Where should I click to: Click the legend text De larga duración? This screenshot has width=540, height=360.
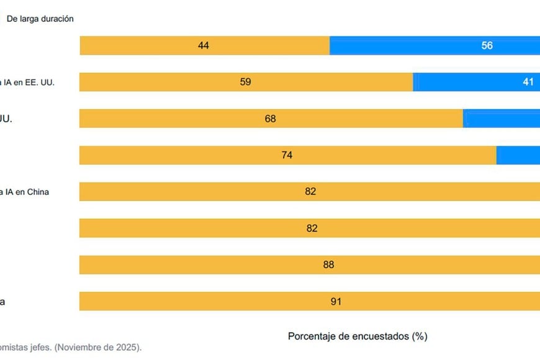40,19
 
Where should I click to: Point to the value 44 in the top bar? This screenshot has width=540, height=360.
203,45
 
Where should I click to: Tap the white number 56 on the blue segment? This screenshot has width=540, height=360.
487,45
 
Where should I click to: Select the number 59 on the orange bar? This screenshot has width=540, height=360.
245,82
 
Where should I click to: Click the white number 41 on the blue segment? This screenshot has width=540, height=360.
528,82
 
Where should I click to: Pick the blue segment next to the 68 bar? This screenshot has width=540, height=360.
502,119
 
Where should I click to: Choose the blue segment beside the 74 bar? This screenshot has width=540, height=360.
518,155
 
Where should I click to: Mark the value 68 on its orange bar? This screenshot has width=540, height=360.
270,119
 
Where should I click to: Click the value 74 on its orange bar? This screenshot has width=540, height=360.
287,155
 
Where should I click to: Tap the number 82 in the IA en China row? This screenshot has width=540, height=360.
310,192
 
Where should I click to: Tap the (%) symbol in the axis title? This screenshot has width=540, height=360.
420,336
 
